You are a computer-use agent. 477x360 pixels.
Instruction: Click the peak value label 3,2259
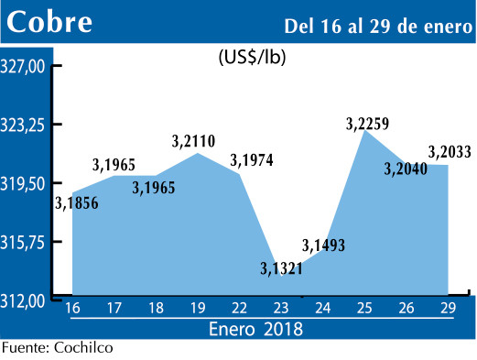pos(368,123)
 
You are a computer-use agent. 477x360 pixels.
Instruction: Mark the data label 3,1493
pos(324,245)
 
